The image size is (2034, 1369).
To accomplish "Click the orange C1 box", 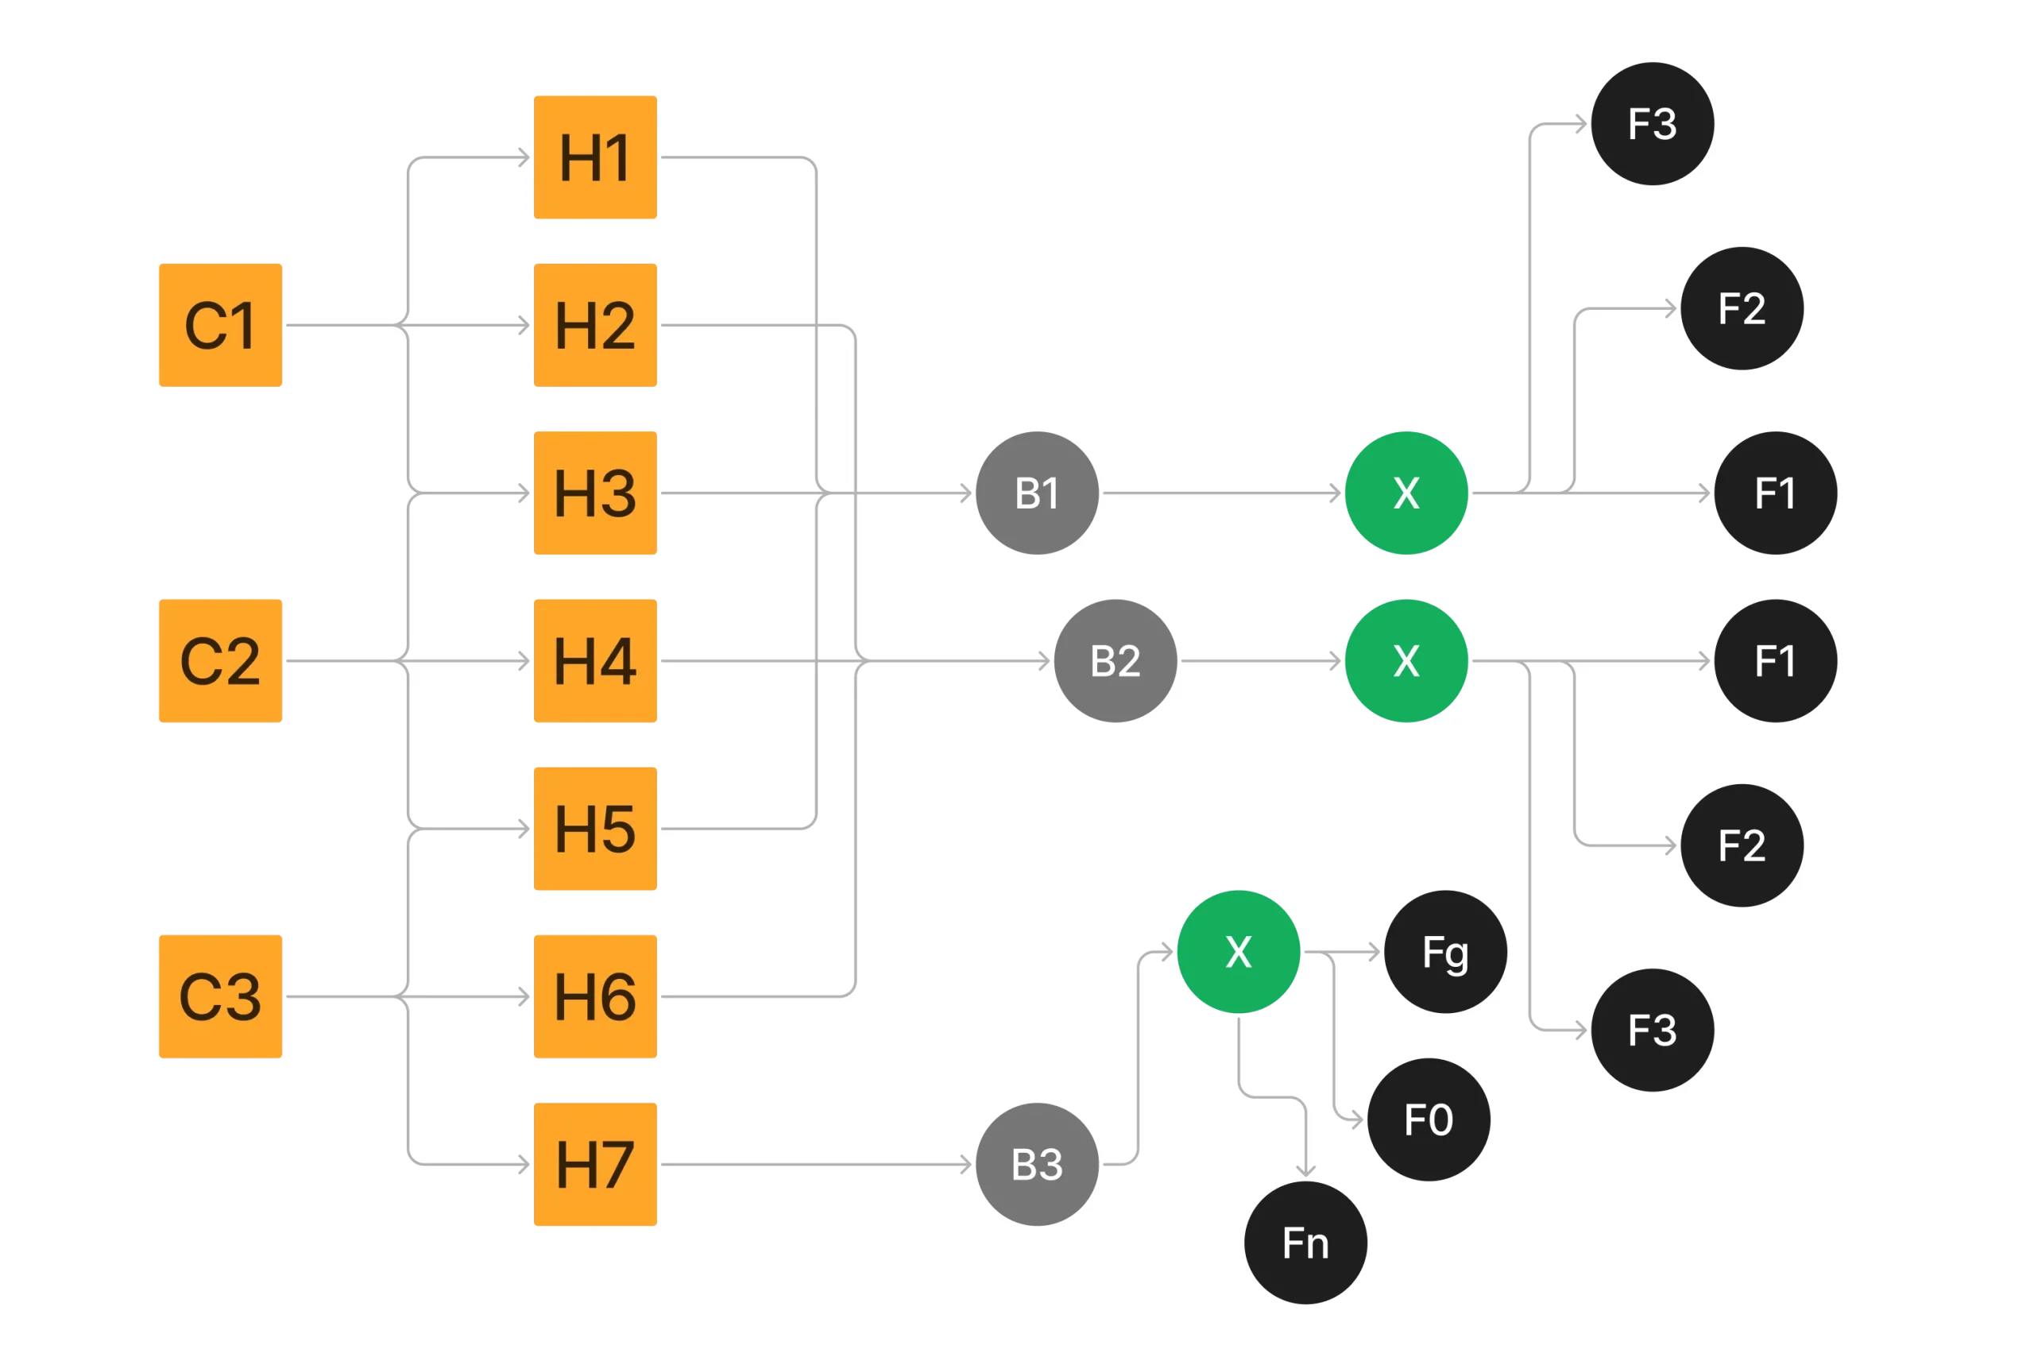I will (x=220, y=325).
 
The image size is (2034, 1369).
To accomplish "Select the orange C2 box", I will (x=220, y=661).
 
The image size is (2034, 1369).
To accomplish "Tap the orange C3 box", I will (x=220, y=996).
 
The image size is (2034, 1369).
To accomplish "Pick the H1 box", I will (x=595, y=157).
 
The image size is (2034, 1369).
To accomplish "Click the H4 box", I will (x=595, y=661).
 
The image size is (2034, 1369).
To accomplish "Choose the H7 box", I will (x=595, y=1164).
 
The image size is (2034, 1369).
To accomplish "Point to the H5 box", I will (x=595, y=829).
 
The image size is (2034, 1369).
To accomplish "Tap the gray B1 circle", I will (x=1037, y=493).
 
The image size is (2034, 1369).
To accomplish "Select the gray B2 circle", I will (x=1116, y=661).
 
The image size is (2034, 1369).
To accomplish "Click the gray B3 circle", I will (x=1037, y=1164).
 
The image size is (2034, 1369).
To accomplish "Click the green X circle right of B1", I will (x=1406, y=493).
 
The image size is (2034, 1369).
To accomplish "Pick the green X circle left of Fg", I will (x=1239, y=952).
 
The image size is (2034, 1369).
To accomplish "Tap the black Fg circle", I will (x=1445, y=952).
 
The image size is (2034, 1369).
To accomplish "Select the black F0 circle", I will (x=1429, y=1120).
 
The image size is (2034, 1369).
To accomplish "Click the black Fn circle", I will (x=1306, y=1243).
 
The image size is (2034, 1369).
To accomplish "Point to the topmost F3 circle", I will (x=1653, y=124).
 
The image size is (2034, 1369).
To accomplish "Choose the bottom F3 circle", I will (x=1653, y=1031).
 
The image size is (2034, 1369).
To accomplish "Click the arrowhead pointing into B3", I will (x=965, y=1164).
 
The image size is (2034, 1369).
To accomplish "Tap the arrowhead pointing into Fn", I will (x=1306, y=1172).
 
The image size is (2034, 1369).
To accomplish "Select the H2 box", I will (x=595, y=325).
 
